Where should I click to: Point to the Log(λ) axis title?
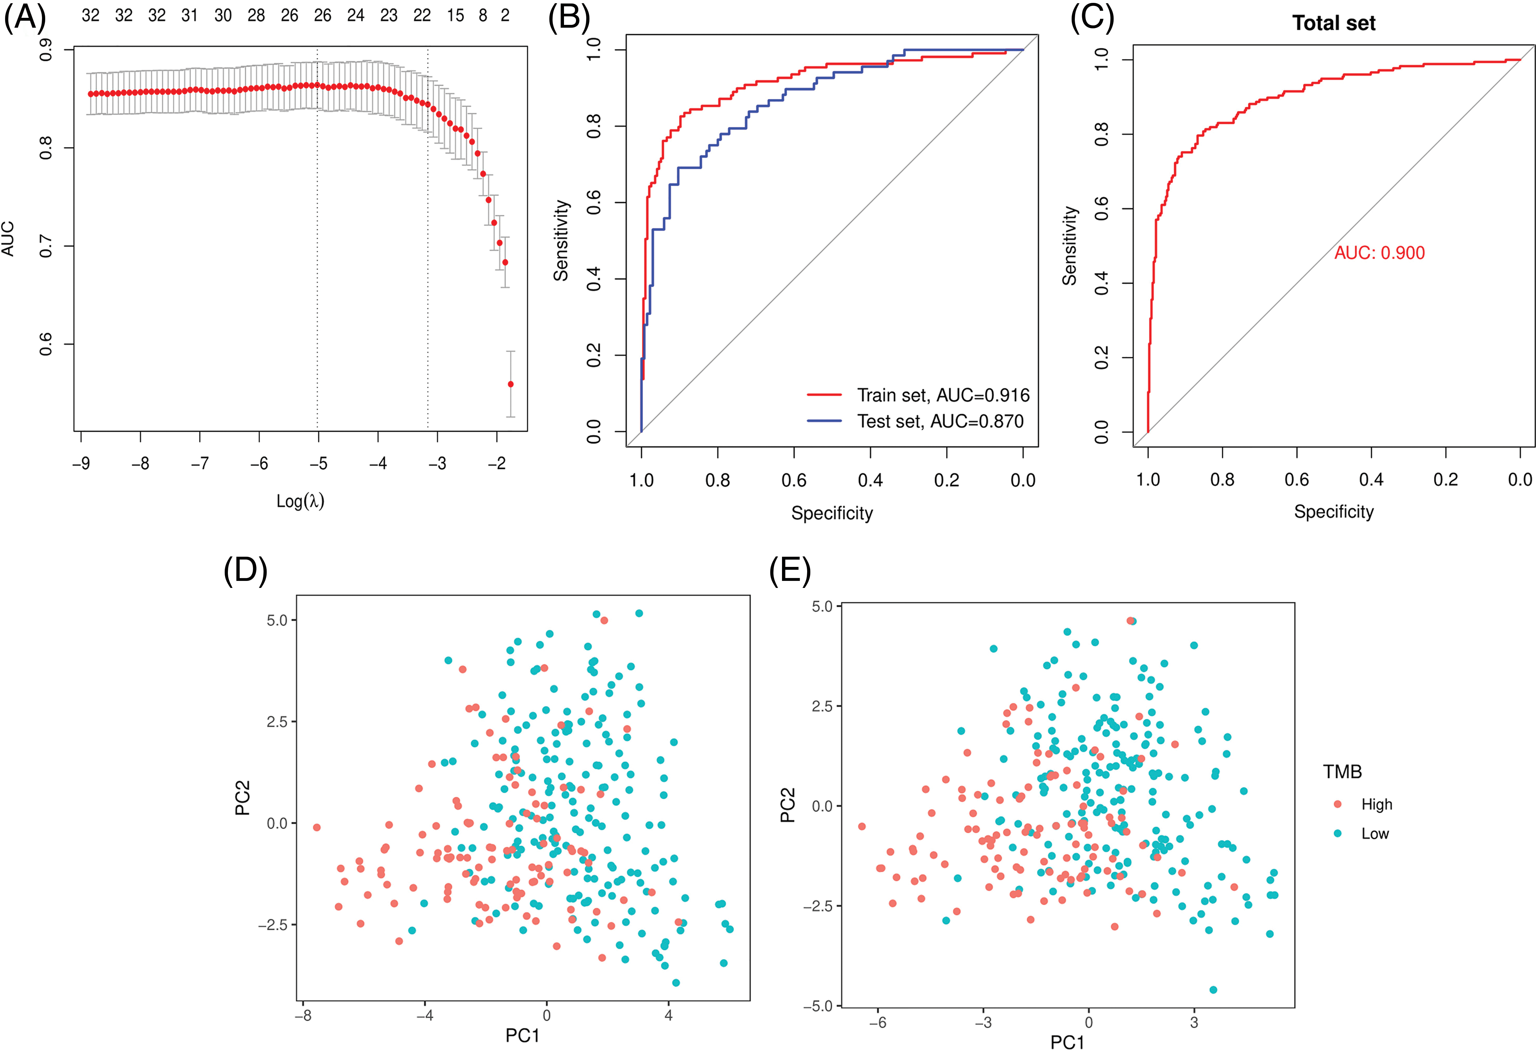click(300, 501)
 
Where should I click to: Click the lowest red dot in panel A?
click(510, 384)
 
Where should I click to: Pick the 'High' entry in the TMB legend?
click(1376, 804)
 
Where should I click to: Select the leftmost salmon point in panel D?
click(317, 827)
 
